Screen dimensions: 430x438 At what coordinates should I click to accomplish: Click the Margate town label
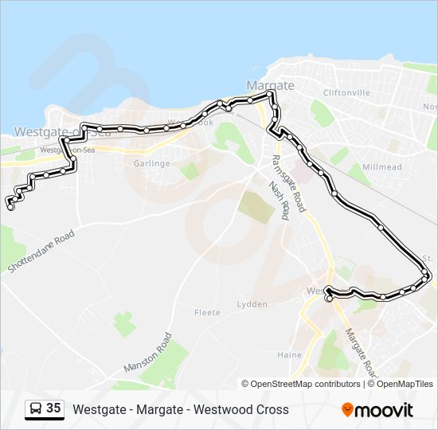point(271,85)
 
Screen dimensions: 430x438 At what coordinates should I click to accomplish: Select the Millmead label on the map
point(381,167)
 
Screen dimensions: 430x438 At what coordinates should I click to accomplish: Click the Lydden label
point(252,304)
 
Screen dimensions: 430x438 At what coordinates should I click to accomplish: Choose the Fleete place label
point(207,313)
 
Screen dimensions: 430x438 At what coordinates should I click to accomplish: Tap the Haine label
point(289,355)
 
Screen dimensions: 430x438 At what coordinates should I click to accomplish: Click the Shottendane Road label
point(41,252)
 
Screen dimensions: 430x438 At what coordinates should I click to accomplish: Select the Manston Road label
point(147,353)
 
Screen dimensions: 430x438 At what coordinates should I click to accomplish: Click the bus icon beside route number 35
point(36,409)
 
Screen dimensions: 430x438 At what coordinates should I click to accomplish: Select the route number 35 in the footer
point(53,408)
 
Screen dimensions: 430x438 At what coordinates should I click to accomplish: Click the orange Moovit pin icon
point(347,409)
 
